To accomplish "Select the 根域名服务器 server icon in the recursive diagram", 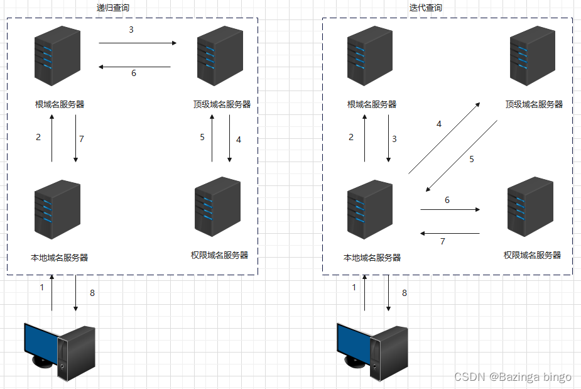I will point(58,60).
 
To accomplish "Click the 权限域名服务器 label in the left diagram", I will point(219,255).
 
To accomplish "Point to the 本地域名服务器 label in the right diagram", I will point(372,258).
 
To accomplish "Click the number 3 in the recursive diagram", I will point(131,30).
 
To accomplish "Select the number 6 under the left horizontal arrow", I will point(133,73).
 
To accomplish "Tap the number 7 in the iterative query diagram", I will point(442,241).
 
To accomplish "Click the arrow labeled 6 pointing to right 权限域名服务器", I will point(450,209).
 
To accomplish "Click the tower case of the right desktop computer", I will point(390,354).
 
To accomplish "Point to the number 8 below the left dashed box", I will point(92,293).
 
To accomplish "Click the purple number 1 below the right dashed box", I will point(354,287).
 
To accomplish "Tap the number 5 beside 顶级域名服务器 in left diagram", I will point(202,137).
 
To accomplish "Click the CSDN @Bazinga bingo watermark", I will point(513,376).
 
